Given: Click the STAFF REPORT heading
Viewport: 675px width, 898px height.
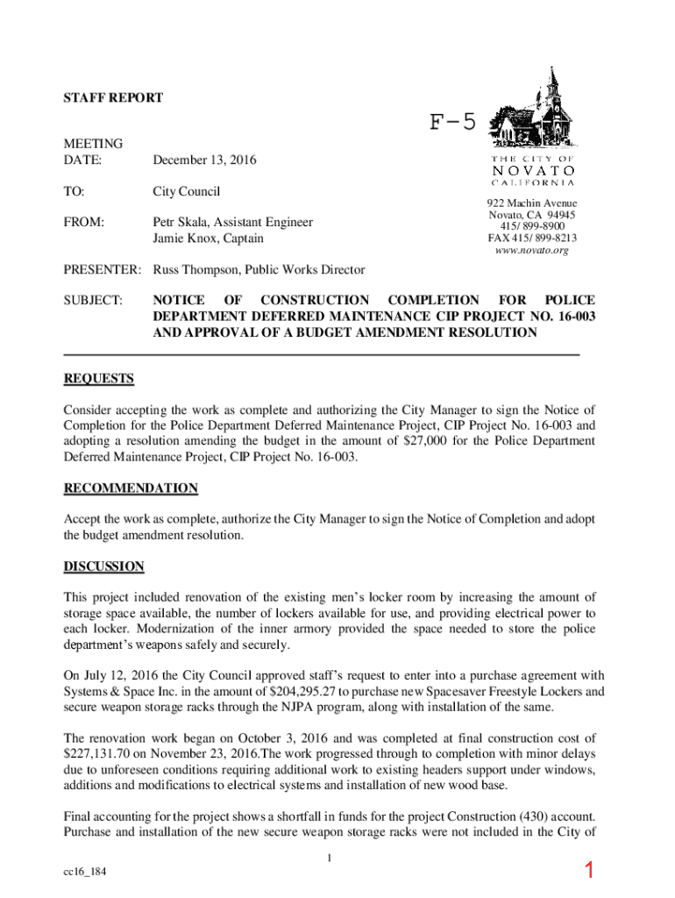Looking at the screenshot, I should [113, 98].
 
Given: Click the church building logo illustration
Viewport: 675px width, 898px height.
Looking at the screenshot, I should [532, 113].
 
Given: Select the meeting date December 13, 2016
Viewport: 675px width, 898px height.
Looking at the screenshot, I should [205, 160].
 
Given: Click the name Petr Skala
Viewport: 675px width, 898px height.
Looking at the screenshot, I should [183, 222].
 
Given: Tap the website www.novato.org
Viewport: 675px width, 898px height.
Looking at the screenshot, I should [532, 250].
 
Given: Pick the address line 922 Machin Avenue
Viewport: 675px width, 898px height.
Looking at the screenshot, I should [532, 203].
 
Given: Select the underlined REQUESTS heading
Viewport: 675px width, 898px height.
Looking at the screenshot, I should [99, 379].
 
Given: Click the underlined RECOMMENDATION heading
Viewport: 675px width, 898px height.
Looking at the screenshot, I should [131, 488].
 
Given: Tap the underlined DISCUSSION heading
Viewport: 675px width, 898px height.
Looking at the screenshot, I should [103, 567].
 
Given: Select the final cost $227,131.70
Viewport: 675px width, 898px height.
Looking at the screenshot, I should [100, 754].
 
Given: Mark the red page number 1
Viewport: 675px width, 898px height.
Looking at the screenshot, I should [590, 871].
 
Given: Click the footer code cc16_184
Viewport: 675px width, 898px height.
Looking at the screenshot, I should [86, 873].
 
